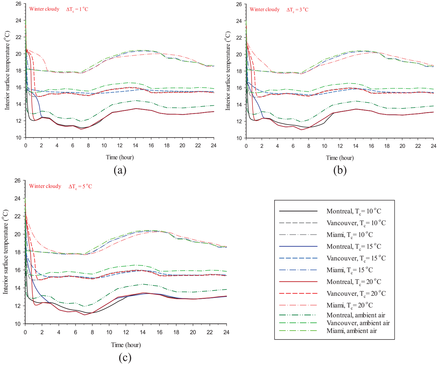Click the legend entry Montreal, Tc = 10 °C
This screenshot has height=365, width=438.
pos(353,211)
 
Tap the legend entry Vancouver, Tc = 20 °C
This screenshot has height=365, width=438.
pos(356,293)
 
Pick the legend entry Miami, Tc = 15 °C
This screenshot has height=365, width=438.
pos(349,270)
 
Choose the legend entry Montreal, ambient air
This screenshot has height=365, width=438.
pos(356,315)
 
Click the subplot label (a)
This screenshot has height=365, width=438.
pos(120,170)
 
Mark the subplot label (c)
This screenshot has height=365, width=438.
pos(125,358)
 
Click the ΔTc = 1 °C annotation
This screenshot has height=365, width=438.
pos(77,9)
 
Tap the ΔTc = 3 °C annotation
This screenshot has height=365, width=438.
pos(297,10)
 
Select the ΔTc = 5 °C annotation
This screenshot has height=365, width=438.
pos(80,186)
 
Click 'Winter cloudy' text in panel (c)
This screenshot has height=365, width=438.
pos(45,186)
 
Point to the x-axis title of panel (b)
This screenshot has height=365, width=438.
pos(340,158)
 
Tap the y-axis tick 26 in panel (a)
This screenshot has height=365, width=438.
pos(18,4)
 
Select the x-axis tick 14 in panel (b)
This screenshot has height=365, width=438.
pos(355,146)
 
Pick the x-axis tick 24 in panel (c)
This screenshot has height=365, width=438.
pos(226,332)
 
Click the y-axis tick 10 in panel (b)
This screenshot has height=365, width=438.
pos(239,138)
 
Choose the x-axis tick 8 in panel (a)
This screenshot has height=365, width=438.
pos(88,145)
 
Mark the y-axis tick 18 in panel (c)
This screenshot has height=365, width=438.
pos(18,252)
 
